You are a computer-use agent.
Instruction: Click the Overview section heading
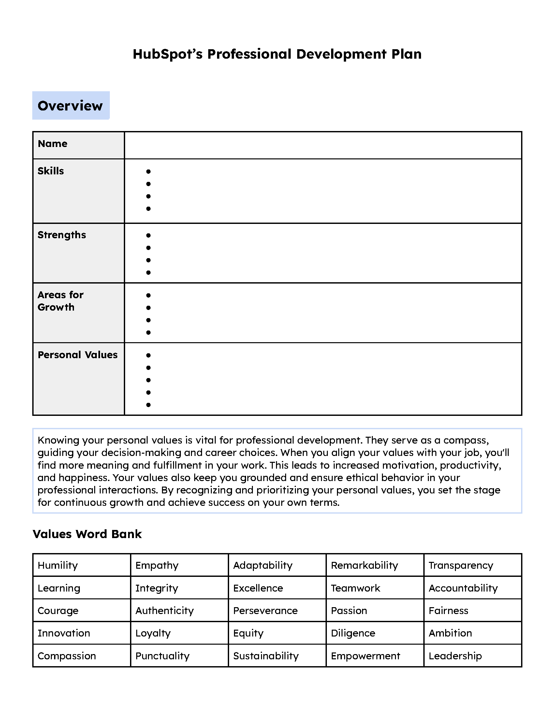tap(70, 106)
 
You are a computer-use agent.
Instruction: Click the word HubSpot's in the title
tap(168, 54)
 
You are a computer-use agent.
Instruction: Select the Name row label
tap(52, 144)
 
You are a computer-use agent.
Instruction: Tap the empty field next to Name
tap(323, 145)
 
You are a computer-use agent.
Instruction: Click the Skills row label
tap(51, 171)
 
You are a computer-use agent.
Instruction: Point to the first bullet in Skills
tap(148, 171)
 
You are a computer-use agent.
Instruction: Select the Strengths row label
tap(62, 235)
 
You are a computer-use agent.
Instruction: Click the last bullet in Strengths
tap(148, 272)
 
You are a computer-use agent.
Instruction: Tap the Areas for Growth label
tap(60, 301)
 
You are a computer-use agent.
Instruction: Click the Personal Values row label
tap(78, 355)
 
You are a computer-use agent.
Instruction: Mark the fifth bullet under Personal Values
tap(148, 405)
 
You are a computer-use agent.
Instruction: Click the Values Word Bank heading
tap(87, 534)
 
